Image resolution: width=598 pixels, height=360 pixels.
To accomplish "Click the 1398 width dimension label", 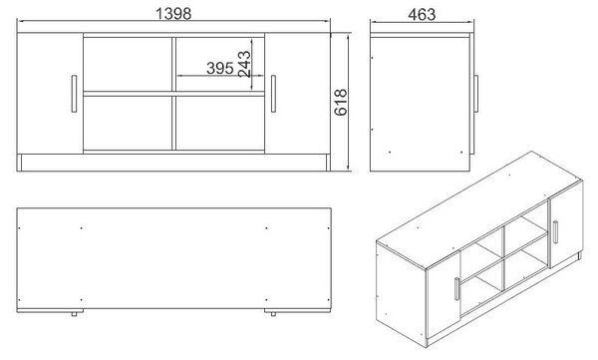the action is (173, 14).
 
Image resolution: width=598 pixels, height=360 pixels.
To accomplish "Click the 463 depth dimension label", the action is (422, 15).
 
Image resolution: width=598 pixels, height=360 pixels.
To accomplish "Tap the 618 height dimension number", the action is (341, 103).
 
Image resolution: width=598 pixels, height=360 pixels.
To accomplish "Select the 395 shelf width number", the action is (220, 69).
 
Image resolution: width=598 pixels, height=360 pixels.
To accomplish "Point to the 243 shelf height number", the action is (244, 64).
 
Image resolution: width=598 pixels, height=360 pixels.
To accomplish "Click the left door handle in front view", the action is (74, 94).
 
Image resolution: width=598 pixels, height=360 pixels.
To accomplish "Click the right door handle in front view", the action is (273, 94).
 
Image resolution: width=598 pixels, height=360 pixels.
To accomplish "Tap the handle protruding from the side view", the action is (476, 94).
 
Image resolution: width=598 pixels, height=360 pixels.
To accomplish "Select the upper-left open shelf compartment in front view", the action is (128, 64).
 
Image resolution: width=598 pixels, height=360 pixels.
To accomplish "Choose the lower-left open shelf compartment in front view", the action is (128, 123).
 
